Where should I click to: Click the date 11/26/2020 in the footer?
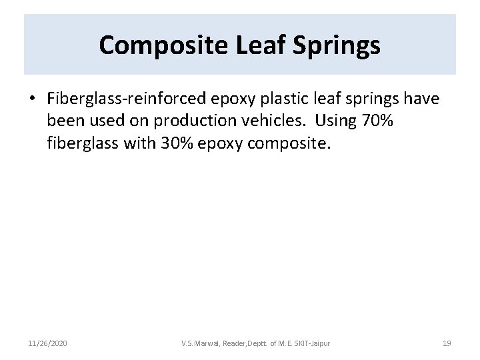pyautogui.click(x=47, y=343)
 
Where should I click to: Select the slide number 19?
pyautogui.click(x=447, y=343)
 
